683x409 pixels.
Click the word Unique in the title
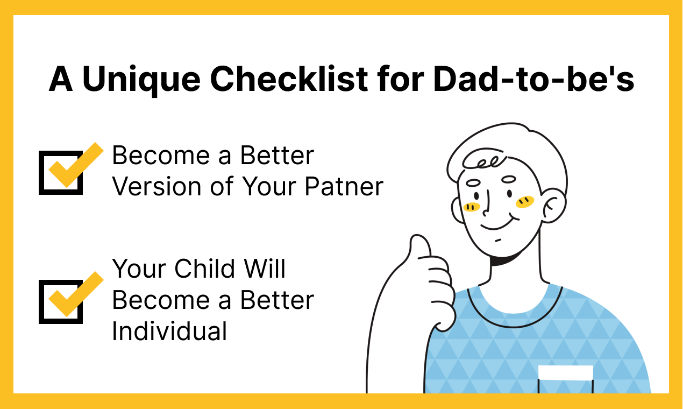click(141, 80)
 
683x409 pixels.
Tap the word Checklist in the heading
click(289, 79)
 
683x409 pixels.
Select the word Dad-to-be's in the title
click(533, 79)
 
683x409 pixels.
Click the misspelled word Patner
click(344, 187)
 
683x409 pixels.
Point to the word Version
click(156, 187)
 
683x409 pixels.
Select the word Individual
click(169, 331)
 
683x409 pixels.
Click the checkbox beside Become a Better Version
click(61, 172)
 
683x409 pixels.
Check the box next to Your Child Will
click(61, 301)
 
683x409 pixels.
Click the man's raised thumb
click(421, 247)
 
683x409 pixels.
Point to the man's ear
click(554, 206)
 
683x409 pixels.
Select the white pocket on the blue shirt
click(566, 373)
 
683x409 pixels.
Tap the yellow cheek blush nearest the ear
click(525, 202)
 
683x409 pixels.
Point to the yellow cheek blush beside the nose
click(472, 207)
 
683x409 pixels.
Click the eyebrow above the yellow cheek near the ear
click(509, 179)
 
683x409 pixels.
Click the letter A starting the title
click(61, 79)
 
